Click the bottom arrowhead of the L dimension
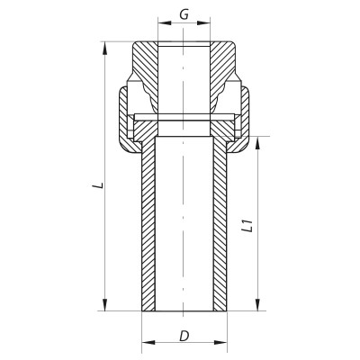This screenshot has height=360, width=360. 107,308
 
